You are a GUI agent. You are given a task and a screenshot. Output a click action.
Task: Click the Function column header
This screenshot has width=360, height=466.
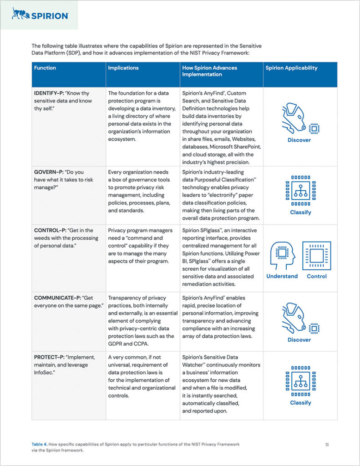(x=45, y=68)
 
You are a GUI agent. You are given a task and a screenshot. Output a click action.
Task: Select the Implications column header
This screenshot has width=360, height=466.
(x=123, y=68)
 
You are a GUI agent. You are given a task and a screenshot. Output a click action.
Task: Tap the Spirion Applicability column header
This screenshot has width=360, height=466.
(x=291, y=68)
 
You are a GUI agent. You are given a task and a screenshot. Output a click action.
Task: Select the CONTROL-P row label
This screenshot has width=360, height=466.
(x=48, y=230)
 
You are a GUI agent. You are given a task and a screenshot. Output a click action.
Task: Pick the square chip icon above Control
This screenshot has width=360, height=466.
(x=317, y=256)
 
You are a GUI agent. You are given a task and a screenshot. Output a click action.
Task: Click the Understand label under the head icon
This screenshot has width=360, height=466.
(x=282, y=276)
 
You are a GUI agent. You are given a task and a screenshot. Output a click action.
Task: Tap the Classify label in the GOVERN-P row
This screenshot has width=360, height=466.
(x=300, y=213)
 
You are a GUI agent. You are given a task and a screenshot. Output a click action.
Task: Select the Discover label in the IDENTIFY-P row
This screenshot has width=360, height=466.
(x=299, y=140)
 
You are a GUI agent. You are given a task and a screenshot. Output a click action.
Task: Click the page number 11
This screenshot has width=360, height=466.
(x=327, y=445)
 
